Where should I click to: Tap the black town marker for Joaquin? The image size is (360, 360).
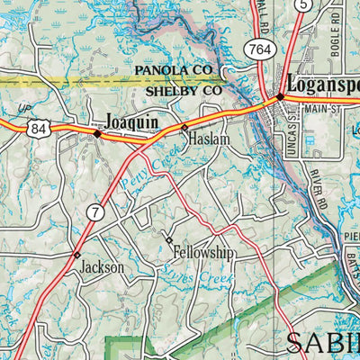pyautogui.click(x=97, y=133)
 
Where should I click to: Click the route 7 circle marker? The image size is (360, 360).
pyautogui.click(x=94, y=212)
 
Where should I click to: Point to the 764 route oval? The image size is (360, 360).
pyautogui.click(x=261, y=47)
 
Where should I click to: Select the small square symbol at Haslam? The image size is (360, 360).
pyautogui.click(x=185, y=129)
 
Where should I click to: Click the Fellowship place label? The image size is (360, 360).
pyautogui.click(x=203, y=255)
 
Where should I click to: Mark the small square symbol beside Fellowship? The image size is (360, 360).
pyautogui.click(x=167, y=240)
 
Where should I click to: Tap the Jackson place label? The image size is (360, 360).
pyautogui.click(x=101, y=267)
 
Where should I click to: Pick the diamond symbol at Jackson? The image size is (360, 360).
pyautogui.click(x=77, y=255)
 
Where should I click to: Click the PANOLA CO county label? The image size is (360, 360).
pyautogui.click(x=172, y=70)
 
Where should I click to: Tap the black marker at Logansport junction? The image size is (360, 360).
pyautogui.click(x=280, y=96)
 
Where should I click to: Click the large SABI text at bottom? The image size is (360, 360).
pyautogui.click(x=322, y=342)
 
